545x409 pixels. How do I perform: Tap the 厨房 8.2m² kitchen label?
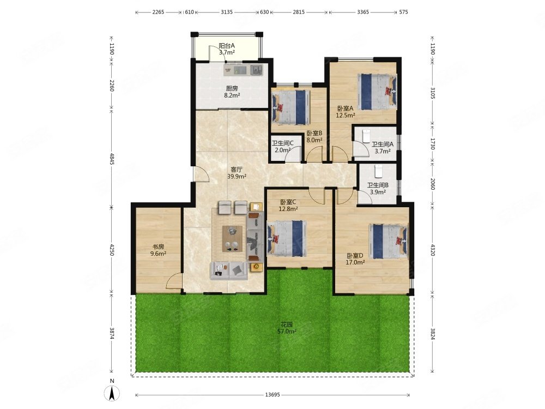pos(232,92)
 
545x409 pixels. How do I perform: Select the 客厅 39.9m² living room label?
pos(237,173)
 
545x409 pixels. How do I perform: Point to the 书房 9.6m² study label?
pos(158,250)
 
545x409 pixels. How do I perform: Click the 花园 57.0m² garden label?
pos(287,328)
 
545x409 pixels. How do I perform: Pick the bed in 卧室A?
pos(378,92)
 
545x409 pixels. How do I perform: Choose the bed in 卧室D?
pos(388,242)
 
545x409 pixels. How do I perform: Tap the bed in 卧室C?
pos(287,239)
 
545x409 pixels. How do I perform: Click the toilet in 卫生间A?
pos(366,136)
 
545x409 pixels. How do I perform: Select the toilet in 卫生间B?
pos(378,171)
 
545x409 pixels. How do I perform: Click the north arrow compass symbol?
pos(112,394)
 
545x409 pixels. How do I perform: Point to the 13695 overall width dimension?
pos(272,395)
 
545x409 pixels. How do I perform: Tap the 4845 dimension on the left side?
pos(112,159)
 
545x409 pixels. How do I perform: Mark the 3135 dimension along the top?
pos(227,12)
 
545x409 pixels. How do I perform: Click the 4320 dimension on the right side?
pos(432,250)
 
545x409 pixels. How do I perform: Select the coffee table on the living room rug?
pos(233,238)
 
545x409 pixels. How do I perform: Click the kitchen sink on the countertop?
pos(256,70)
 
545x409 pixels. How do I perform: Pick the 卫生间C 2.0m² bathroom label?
pos(282,146)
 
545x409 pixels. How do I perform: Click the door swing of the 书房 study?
pos(174,281)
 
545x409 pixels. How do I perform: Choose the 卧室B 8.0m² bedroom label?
pos(314,137)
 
